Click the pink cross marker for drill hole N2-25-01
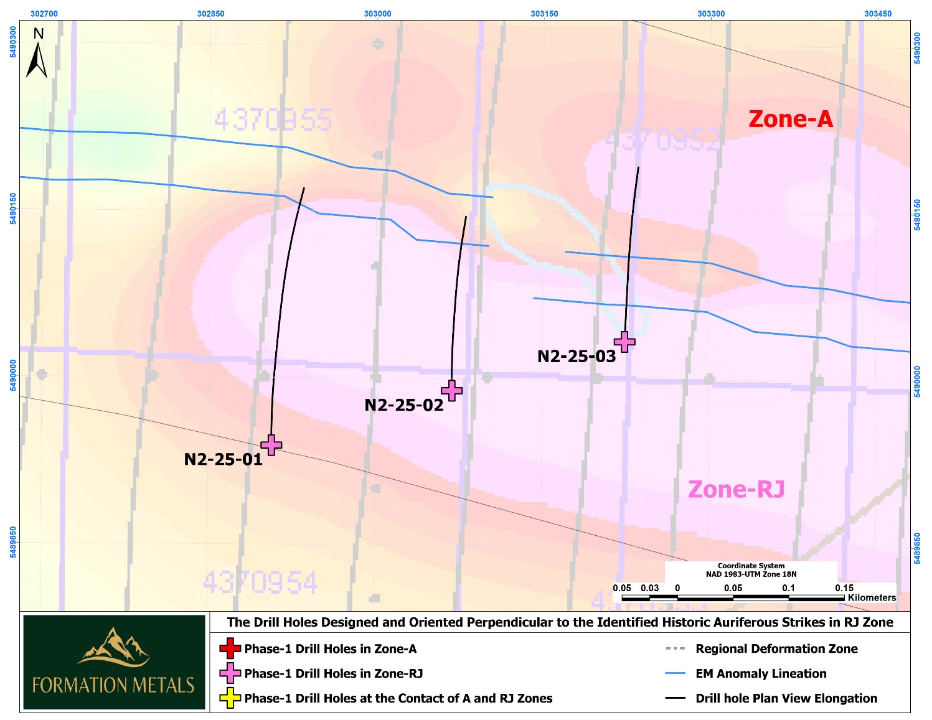(271, 445)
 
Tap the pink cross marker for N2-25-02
(451, 391)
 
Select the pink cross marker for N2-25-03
(624, 342)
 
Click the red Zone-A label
(790, 119)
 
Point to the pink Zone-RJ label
(736, 490)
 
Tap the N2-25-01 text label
(223, 460)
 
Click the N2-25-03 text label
(576, 357)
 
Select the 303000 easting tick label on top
(377, 14)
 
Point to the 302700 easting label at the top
(44, 14)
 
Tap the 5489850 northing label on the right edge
(917, 548)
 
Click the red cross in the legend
(230, 648)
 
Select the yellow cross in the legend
(230, 698)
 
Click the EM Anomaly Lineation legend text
(761, 673)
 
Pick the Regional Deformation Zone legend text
(776, 648)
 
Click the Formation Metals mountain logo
(113, 647)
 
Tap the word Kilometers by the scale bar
(872, 597)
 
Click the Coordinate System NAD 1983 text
(751, 570)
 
